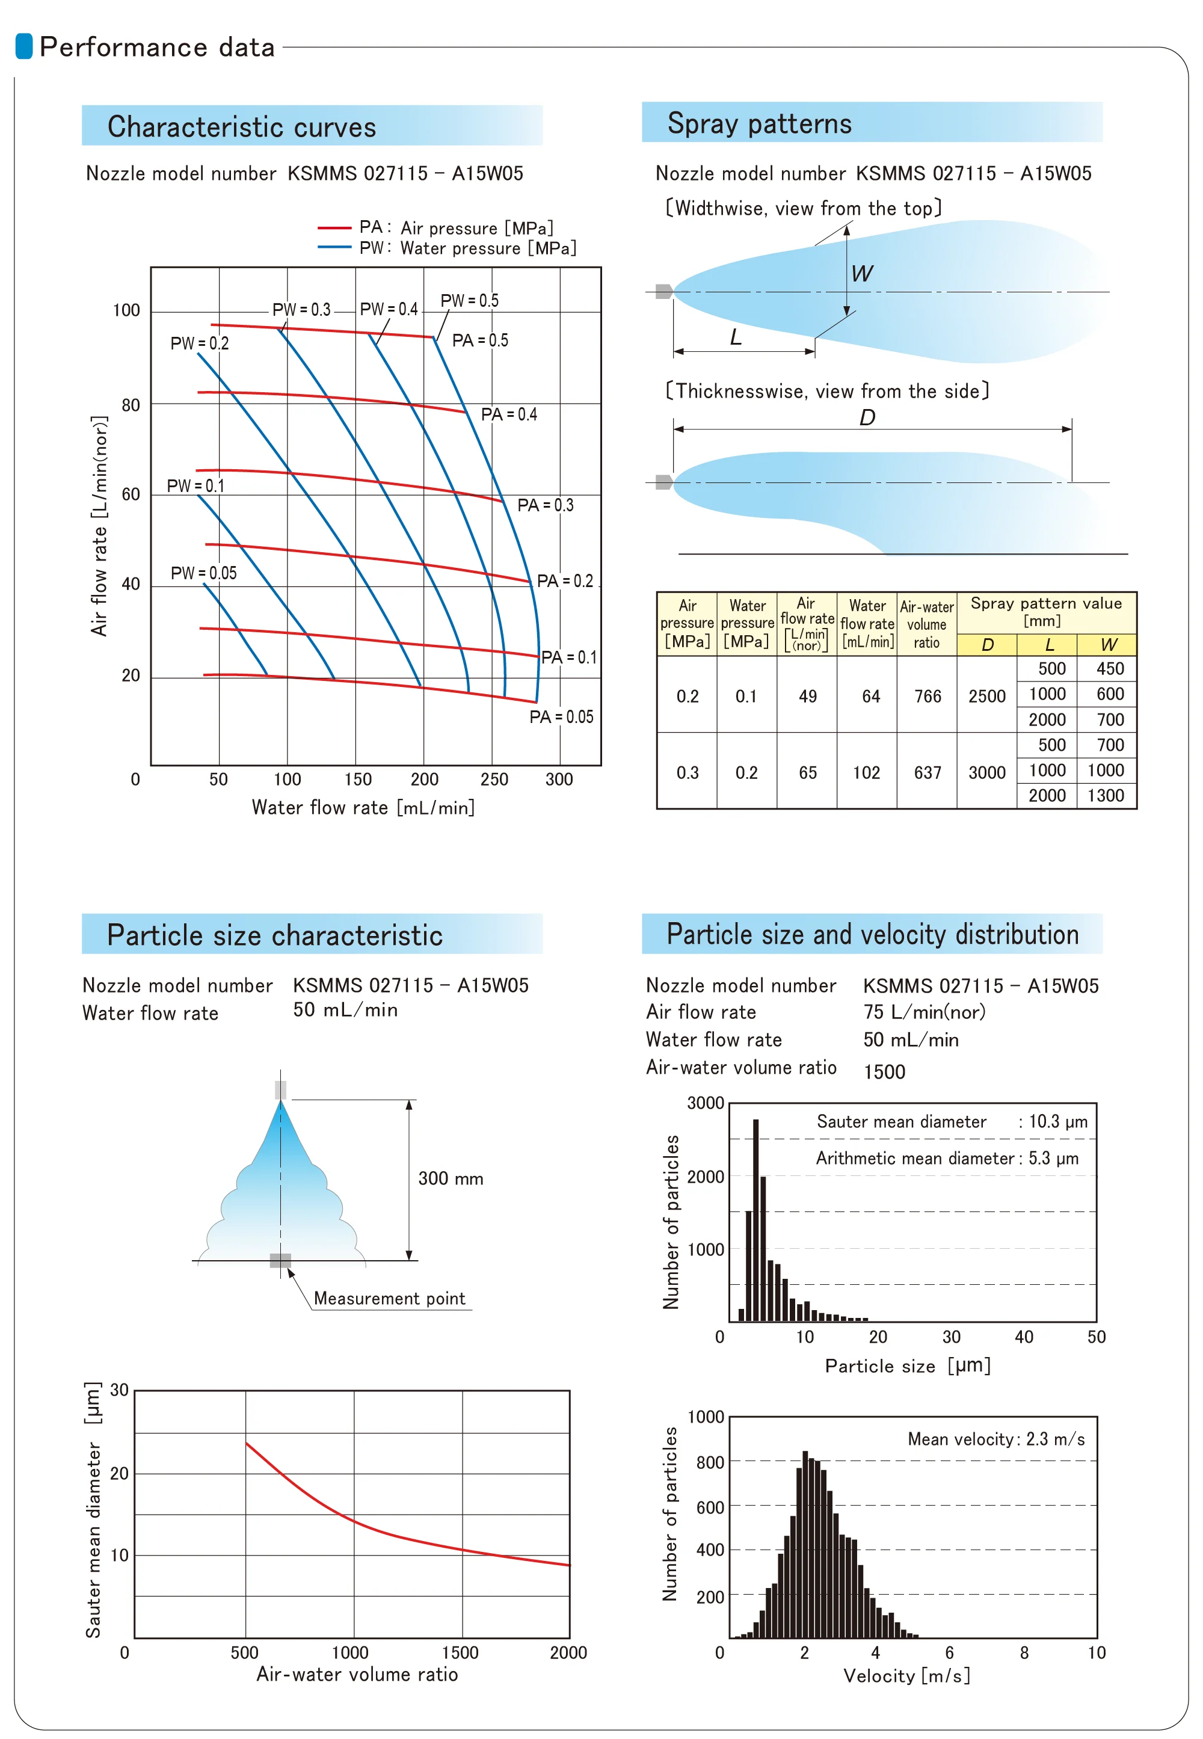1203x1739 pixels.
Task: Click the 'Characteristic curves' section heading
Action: (241, 127)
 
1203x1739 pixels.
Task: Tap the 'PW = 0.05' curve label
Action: (203, 573)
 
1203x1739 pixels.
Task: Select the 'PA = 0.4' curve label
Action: (509, 414)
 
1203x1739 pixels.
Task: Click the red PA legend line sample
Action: (334, 227)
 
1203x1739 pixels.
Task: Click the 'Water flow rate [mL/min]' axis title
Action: (363, 807)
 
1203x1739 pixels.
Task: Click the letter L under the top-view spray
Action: (736, 336)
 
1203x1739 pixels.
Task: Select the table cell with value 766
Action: (928, 696)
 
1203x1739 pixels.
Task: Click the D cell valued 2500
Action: (986, 696)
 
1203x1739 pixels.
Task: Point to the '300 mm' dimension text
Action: (451, 1178)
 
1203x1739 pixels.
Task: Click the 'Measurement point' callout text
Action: (390, 1298)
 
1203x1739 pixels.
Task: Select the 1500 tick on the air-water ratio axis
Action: (460, 1652)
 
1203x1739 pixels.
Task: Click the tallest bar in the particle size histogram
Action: (755, 1220)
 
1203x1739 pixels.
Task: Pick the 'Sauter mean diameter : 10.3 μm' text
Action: (952, 1122)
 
